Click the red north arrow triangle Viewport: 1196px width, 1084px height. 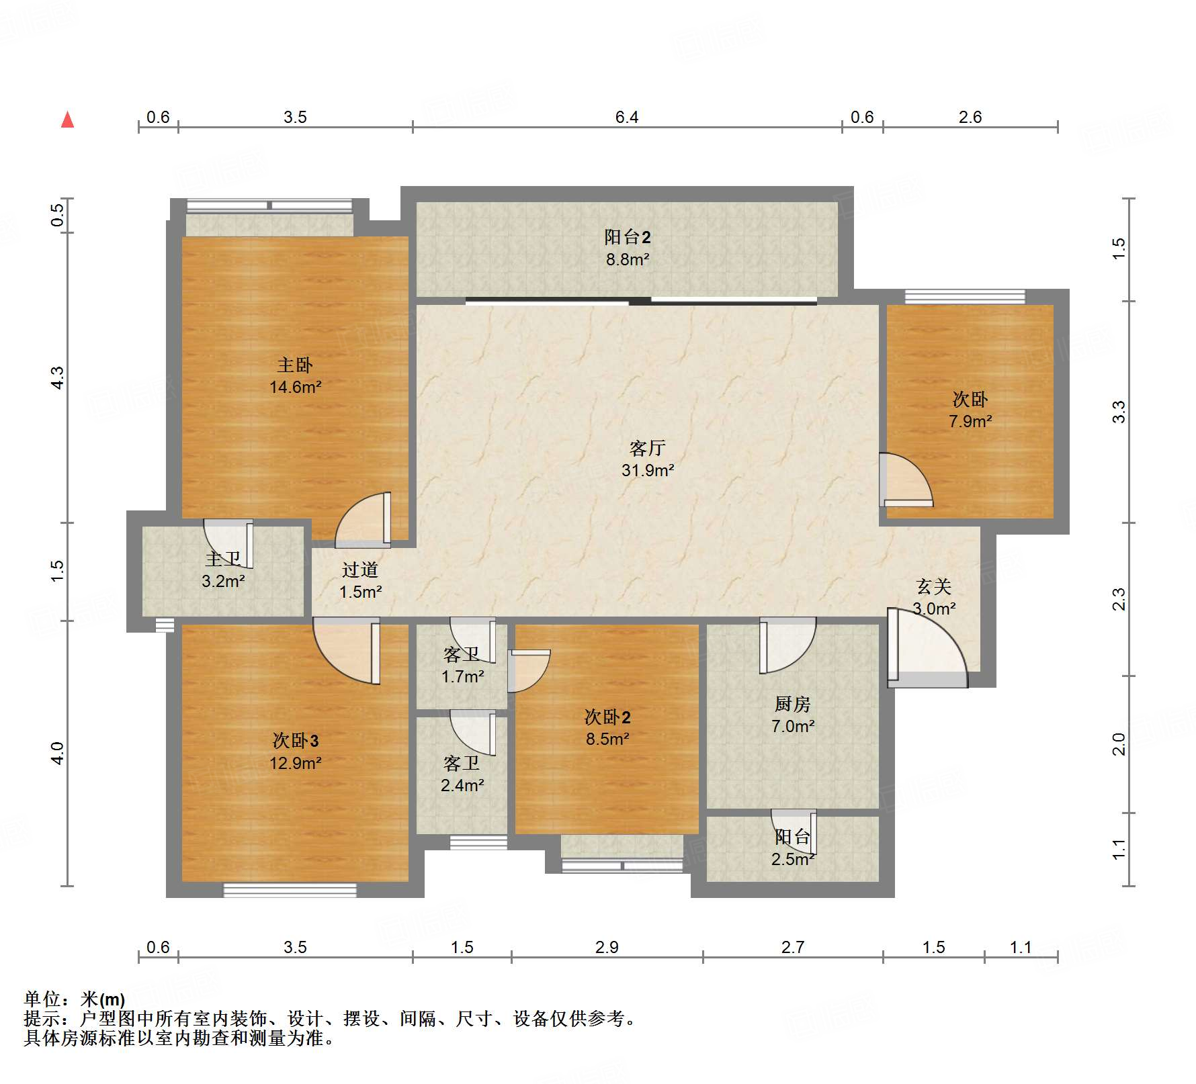67,120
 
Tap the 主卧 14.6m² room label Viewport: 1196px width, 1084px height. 295,376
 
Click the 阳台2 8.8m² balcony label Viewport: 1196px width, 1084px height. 627,248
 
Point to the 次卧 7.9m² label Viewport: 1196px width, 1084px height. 970,410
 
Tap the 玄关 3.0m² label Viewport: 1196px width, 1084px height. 934,597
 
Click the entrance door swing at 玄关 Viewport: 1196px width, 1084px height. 927,648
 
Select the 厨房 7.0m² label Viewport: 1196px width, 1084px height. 793,715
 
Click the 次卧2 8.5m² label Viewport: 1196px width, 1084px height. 607,728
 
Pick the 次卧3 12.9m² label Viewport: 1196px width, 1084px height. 295,752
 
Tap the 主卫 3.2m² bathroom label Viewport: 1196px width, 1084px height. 223,570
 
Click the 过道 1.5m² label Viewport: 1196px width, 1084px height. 360,581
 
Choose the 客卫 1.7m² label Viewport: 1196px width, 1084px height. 462,665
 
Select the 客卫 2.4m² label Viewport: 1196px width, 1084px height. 462,774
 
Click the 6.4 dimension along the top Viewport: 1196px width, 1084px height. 626,118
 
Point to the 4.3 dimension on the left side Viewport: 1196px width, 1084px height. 58,377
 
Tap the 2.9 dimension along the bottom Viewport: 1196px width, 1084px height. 606,947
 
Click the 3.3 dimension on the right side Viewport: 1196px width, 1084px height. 1118,411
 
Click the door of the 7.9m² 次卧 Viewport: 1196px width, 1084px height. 906,481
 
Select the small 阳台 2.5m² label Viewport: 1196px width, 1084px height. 793,848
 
